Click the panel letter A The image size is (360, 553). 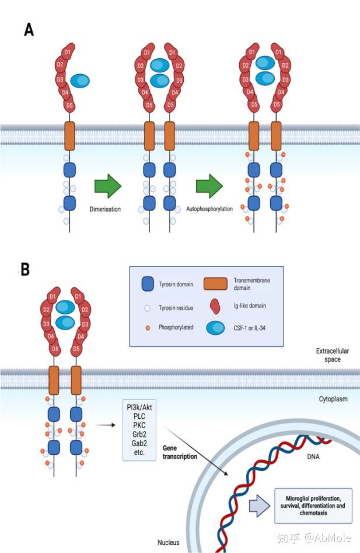coord(29,30)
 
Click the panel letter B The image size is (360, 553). coord(25,269)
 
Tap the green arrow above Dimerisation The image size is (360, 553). coord(108,186)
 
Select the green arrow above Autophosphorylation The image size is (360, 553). coord(209,186)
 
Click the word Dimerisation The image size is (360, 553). coord(105,209)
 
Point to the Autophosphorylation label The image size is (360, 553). coord(209,209)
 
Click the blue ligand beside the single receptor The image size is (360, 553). coord(80,80)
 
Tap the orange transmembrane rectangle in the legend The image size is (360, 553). coord(215,283)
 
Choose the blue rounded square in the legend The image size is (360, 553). coord(148,284)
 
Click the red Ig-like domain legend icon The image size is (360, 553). coord(215,306)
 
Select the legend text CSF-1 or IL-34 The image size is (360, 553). coord(250,328)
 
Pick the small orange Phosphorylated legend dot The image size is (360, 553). coord(148,328)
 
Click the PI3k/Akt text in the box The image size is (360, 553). coord(139,407)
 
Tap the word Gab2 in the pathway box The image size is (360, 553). coord(139,443)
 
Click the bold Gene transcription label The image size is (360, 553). coord(180,452)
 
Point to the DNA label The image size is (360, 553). coord(313,457)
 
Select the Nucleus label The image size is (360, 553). coord(168,542)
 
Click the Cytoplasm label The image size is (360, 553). coord(333,399)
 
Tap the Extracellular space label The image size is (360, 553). coord(333,355)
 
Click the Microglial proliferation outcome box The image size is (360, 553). coord(313,506)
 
